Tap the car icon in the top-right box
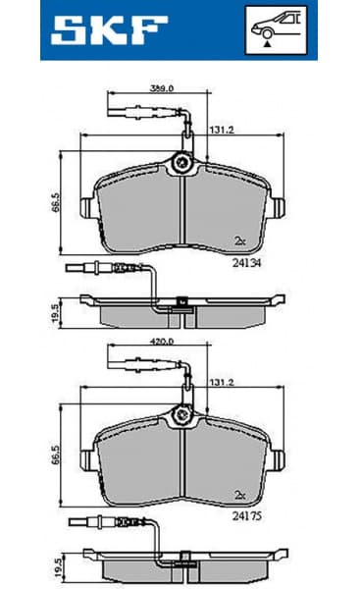coord(278,23)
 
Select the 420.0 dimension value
coord(161,344)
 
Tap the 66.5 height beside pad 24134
coord(57,201)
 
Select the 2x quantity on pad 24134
coord(239,240)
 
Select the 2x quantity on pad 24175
coord(239,493)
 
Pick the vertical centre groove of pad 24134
coord(183,211)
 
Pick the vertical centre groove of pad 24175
coord(183,463)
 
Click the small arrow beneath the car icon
coord(268,44)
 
